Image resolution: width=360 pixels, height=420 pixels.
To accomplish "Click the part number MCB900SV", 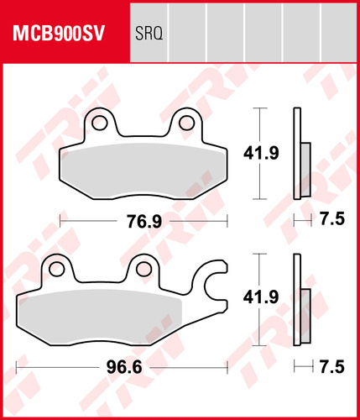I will (x=57, y=35).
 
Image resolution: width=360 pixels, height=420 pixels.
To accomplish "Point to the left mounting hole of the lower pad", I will (x=58, y=270).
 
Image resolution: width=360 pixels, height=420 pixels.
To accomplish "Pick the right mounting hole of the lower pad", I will (x=145, y=270).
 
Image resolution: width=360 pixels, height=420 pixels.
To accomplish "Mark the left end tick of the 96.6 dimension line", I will (x=18, y=367).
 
